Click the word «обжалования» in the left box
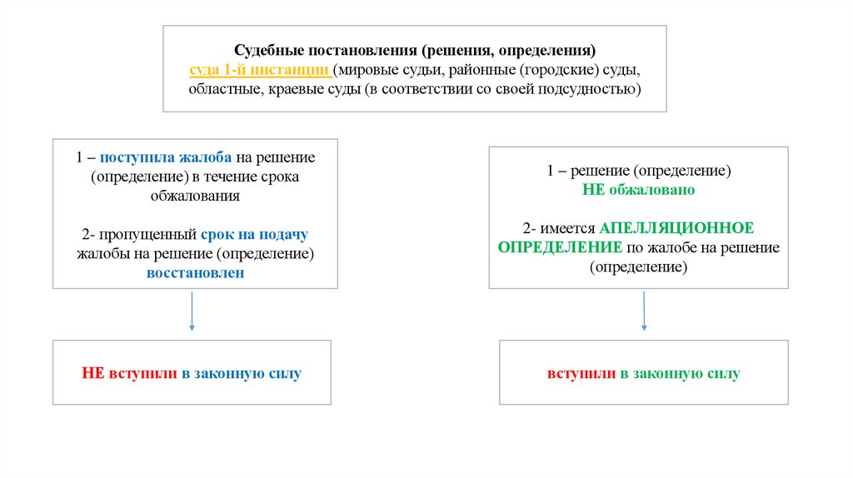point(195,197)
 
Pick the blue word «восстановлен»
point(195,272)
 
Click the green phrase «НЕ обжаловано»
point(638,190)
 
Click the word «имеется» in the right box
point(571,227)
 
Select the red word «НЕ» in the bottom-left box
point(92,374)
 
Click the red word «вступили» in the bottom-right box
point(581,374)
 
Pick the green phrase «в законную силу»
point(680,374)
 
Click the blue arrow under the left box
point(192,313)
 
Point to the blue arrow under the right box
point(644,313)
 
